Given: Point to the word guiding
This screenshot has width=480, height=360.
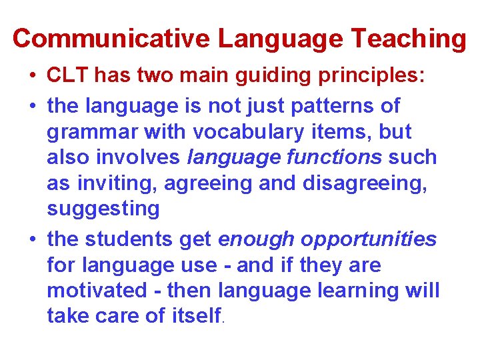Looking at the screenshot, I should click(x=266, y=75).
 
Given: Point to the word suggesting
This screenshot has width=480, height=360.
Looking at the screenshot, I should click(x=103, y=209).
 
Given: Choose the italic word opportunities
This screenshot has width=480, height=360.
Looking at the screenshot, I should click(x=370, y=239).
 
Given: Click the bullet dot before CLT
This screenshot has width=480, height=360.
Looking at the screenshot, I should click(x=33, y=75).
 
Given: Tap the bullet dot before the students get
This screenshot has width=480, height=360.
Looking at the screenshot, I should click(x=33, y=239).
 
